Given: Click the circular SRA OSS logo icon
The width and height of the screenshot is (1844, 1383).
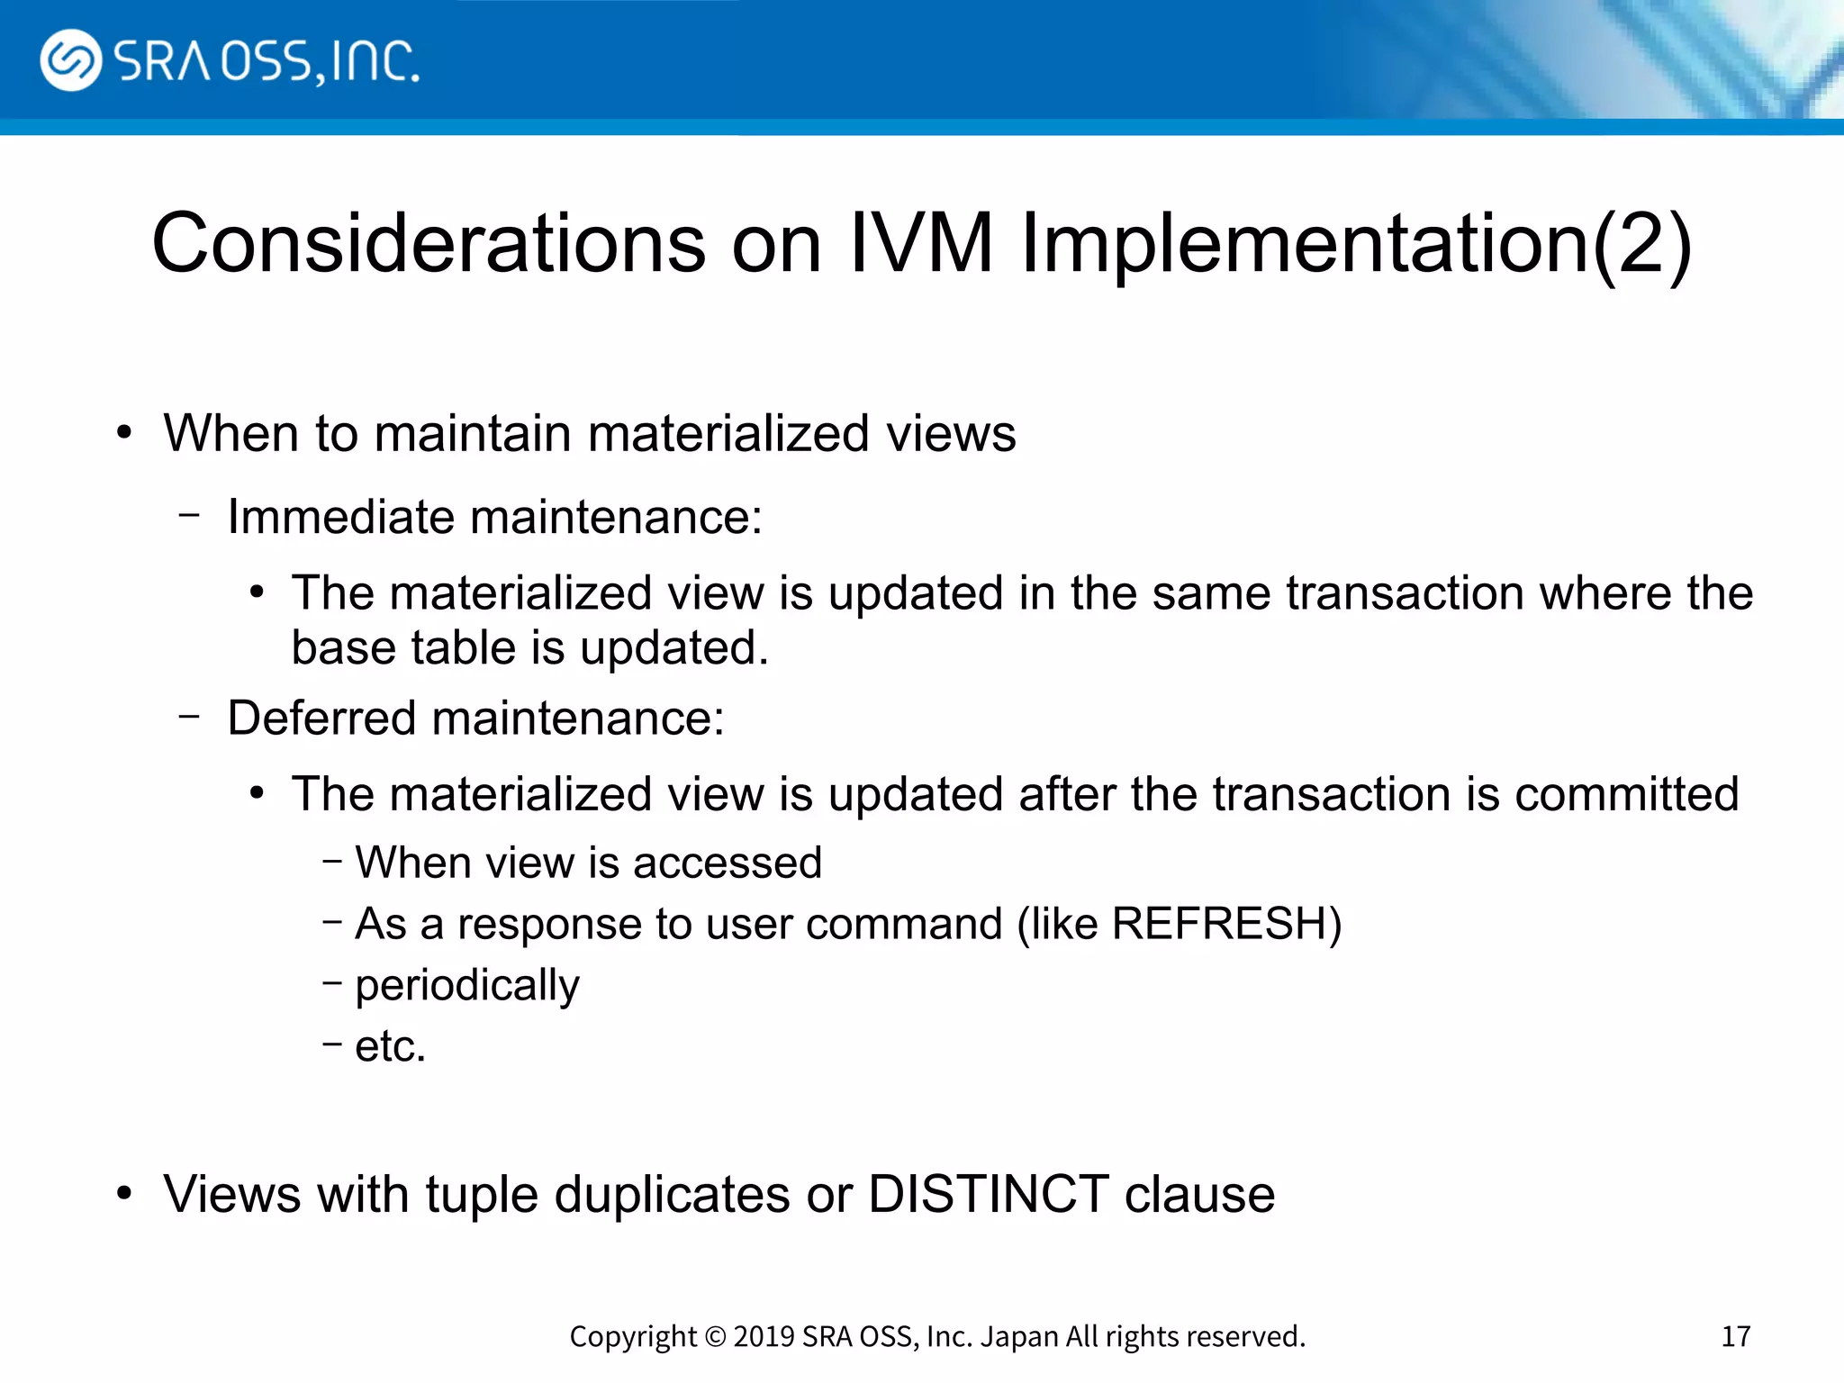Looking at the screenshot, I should tap(70, 60).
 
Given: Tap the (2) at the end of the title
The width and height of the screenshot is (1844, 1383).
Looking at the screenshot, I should tap(1642, 243).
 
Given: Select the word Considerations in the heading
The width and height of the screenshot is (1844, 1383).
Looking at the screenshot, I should tap(429, 243).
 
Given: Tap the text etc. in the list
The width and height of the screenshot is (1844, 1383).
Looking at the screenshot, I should tap(390, 1046).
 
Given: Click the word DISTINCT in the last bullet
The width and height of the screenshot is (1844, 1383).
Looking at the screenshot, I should tap(988, 1195).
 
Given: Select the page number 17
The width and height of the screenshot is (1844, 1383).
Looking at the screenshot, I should tap(1735, 1336).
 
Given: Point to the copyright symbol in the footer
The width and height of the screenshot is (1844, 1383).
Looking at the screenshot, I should tap(715, 1336).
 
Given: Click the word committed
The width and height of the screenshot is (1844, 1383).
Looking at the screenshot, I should tap(1626, 794).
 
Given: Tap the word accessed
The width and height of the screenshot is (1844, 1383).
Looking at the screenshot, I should tap(728, 863).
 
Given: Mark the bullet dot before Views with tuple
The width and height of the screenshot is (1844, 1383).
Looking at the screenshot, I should tap(124, 1194).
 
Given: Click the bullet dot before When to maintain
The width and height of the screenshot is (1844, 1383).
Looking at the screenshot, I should tap(124, 433).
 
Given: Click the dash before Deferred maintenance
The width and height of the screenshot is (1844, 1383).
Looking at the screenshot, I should tap(189, 718).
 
